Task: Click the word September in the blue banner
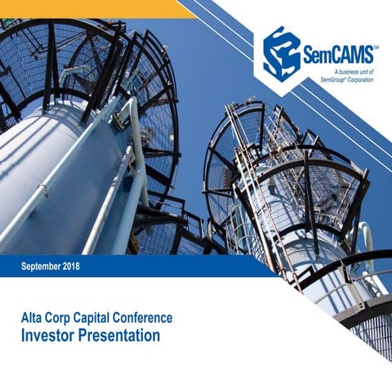tap(46, 267)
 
